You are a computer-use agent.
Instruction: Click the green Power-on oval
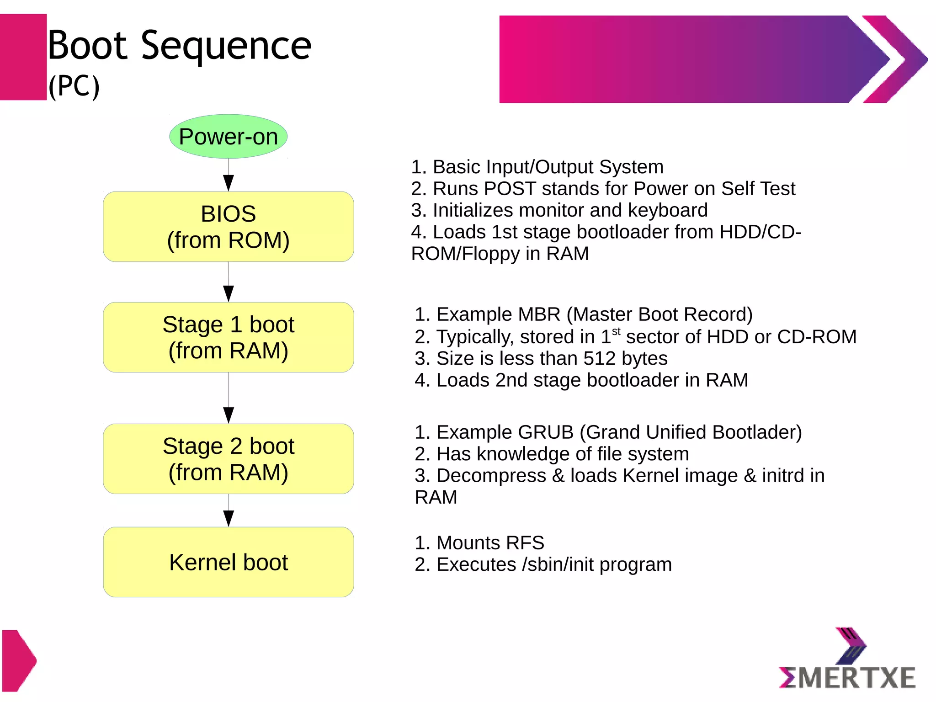coord(228,136)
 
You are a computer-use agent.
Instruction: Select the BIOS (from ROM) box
coord(228,227)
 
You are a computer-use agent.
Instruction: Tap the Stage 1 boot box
coord(228,337)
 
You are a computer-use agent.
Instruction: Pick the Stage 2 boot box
coord(228,459)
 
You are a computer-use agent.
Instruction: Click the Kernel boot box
coord(228,562)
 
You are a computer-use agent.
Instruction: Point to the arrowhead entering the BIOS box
coord(229,183)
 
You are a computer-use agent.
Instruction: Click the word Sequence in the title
coord(226,46)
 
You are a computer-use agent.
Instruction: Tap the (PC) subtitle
coord(74,86)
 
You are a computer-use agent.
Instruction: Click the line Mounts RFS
coord(480,543)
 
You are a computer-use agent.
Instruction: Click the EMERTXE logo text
coord(847,677)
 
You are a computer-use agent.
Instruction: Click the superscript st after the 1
coord(616,331)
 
